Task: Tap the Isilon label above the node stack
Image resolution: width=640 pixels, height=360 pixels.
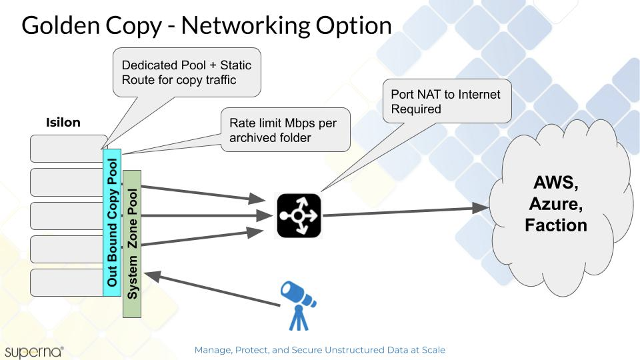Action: (63, 123)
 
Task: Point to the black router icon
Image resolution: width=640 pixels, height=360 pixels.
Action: (299, 215)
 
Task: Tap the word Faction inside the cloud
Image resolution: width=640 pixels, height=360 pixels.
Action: (556, 225)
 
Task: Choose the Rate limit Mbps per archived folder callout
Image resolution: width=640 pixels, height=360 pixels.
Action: (285, 130)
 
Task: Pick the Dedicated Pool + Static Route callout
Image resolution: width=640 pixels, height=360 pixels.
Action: (186, 73)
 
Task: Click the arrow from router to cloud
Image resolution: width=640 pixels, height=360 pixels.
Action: (407, 211)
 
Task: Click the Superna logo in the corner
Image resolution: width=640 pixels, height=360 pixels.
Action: (33, 351)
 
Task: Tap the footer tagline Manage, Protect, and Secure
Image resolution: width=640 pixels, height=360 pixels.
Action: (319, 349)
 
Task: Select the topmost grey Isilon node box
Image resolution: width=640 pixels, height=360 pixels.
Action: (67, 149)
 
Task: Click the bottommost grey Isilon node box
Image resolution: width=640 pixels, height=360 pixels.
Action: (67, 283)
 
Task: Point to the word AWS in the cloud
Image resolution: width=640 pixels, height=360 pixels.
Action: (556, 183)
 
